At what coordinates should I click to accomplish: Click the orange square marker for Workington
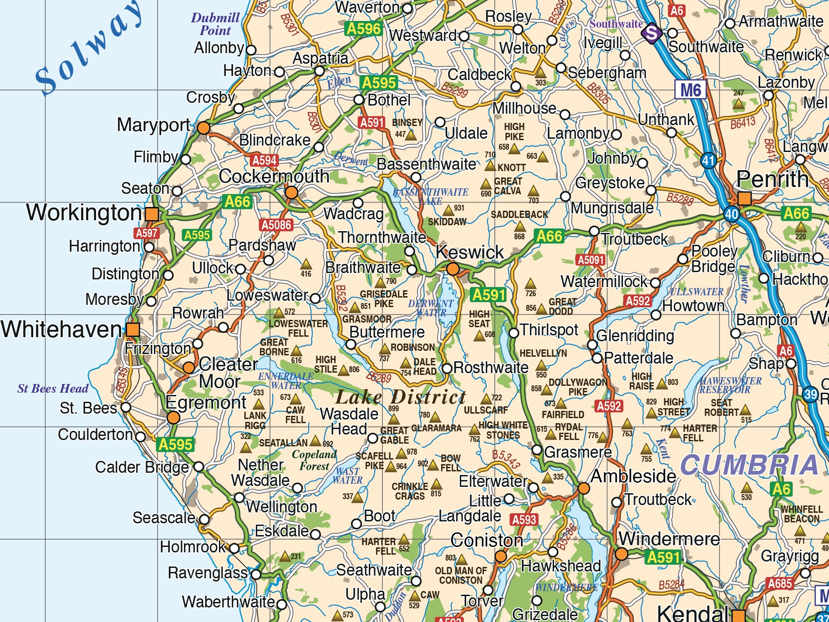click(152, 213)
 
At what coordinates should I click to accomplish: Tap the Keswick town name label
click(469, 252)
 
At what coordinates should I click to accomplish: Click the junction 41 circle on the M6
click(708, 160)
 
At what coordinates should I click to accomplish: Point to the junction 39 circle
click(810, 394)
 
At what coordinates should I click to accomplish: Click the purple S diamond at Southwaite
click(652, 33)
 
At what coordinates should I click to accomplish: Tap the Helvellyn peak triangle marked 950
click(541, 365)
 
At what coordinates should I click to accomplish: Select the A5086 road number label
click(276, 225)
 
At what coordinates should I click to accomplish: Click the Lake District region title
click(401, 398)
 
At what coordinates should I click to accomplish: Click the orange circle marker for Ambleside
click(584, 488)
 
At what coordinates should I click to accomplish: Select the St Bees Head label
click(53, 389)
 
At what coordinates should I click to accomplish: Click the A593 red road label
click(524, 520)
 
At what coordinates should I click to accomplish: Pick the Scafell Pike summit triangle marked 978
click(401, 453)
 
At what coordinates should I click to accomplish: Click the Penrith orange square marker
click(744, 198)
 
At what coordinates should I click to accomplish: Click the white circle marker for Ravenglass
click(256, 574)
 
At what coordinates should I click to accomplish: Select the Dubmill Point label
click(215, 24)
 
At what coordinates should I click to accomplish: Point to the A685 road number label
click(780, 583)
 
